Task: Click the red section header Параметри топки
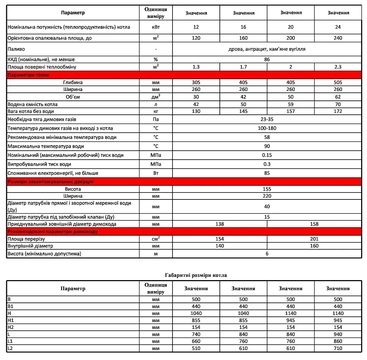pos(29,75)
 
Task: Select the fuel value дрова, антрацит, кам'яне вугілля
pos(267,49)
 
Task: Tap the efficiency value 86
pos(267,59)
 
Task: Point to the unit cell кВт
pos(156,27)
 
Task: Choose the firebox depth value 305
pos(196,82)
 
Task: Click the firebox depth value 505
pos(338,82)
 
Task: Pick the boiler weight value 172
pos(338,111)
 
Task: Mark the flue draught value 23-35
pos(267,120)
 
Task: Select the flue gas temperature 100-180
pos(267,128)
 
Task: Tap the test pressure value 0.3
pos(267,164)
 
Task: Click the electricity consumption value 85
pos(267,173)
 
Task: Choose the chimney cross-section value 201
pos(314,239)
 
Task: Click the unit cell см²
pos(156,239)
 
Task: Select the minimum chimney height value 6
pos(267,254)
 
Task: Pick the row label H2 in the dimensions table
pos(11,327)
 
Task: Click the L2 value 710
pos(338,348)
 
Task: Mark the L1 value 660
pos(196,341)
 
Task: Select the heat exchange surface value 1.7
pos(243,67)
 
